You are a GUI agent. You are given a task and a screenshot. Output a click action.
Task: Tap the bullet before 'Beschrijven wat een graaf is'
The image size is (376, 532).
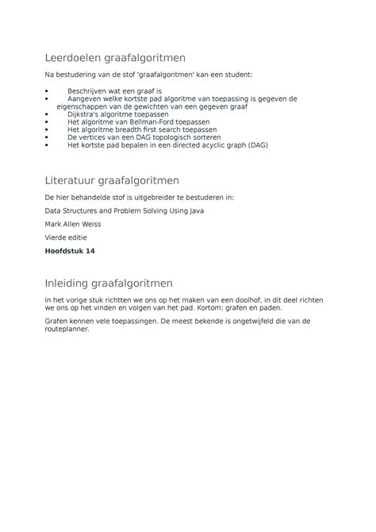coord(48,91)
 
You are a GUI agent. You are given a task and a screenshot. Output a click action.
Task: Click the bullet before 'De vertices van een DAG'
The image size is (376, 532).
coord(48,137)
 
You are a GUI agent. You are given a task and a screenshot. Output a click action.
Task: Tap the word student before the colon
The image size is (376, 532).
coord(232,74)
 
